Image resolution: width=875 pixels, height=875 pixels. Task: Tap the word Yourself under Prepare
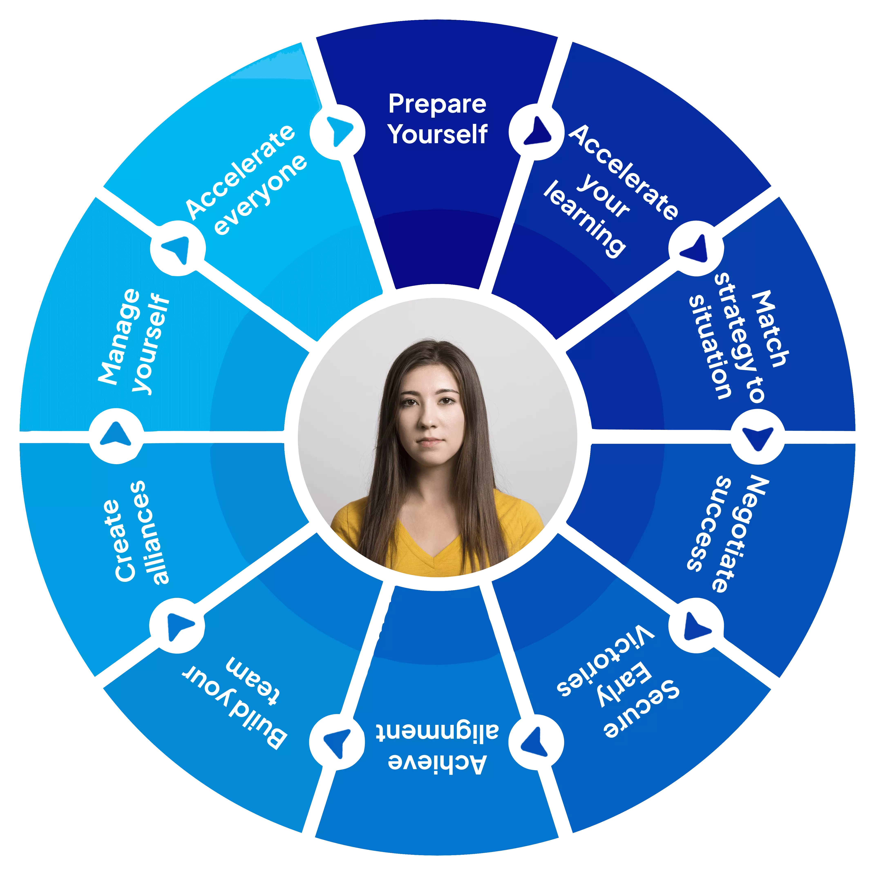(x=438, y=134)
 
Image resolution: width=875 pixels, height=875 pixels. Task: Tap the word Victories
(x=606, y=661)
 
